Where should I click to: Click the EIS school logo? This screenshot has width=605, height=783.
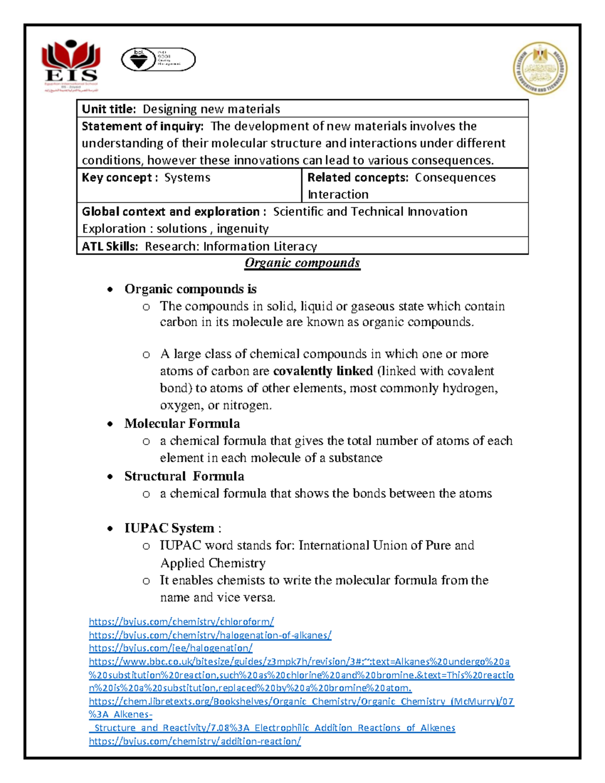click(70, 66)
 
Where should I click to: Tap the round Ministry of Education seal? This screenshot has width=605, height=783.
click(540, 69)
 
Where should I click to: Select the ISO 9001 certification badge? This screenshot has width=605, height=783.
click(158, 60)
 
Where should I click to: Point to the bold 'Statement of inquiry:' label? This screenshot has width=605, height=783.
click(143, 126)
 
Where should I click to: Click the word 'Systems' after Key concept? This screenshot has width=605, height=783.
click(187, 177)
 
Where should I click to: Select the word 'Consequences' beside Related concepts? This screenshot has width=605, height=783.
click(455, 177)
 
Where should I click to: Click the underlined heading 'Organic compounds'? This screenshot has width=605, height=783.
click(302, 263)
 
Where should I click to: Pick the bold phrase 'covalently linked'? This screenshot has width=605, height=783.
click(323, 371)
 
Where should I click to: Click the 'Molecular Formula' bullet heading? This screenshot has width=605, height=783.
click(182, 424)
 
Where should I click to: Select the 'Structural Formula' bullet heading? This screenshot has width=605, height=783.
click(184, 476)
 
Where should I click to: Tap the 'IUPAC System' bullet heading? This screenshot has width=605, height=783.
click(169, 528)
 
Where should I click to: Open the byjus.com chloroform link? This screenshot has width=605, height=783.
click(181, 622)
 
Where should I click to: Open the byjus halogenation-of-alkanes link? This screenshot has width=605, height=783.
click(210, 635)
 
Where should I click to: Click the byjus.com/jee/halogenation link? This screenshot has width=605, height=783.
click(170, 648)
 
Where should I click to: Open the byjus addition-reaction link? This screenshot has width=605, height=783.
click(195, 741)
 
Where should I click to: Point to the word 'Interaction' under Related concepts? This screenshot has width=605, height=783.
click(338, 195)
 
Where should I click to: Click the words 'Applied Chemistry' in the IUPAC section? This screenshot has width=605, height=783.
click(213, 563)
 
